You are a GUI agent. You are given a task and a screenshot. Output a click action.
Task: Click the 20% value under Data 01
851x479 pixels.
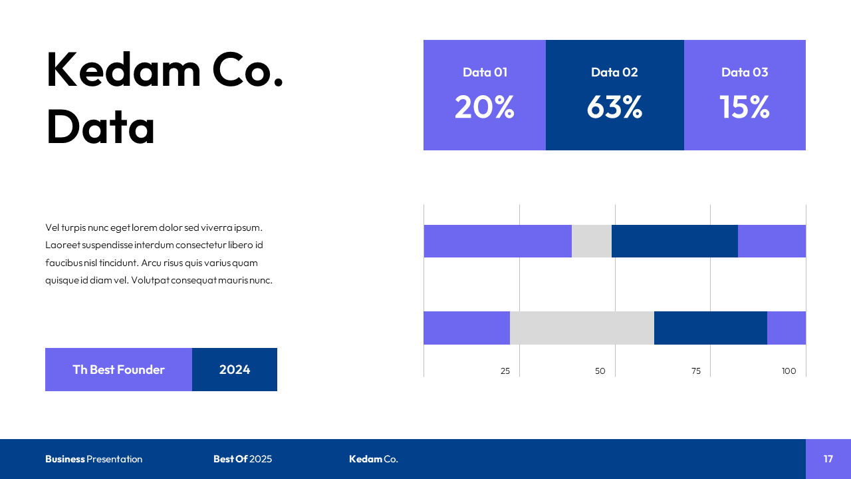[484, 107]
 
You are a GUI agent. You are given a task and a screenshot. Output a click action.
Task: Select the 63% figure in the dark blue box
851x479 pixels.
[614, 107]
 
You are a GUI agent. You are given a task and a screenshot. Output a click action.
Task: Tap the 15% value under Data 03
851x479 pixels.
[744, 107]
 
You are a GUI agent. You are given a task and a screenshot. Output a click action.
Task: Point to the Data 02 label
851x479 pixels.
[614, 73]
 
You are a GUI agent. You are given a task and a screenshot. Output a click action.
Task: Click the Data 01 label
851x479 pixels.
[485, 73]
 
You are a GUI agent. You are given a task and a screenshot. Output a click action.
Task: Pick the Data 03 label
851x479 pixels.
[745, 73]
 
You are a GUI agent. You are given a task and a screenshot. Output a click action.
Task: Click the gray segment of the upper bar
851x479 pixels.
[592, 241]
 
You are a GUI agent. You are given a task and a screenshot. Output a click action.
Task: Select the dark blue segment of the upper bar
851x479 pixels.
[674, 241]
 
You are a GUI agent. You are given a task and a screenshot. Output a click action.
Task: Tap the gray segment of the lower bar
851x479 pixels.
[582, 328]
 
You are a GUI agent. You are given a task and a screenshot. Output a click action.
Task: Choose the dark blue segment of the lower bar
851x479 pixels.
[710, 328]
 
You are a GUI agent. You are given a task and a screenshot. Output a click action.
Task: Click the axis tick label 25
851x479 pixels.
[505, 371]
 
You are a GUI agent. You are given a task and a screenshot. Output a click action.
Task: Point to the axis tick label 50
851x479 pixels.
[600, 371]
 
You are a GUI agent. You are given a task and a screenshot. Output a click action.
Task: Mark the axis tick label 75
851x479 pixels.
[695, 371]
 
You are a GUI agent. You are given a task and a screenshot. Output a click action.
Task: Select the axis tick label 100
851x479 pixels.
[789, 371]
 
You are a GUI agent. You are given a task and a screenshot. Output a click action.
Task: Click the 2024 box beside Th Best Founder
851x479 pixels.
[235, 370]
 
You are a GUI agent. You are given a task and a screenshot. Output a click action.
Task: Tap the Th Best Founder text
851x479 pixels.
[118, 370]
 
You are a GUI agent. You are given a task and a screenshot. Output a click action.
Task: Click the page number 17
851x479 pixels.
[828, 459]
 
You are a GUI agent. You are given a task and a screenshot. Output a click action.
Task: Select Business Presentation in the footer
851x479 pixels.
[94, 459]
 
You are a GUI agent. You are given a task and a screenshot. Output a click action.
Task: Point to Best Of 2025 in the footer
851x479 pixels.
[243, 459]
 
